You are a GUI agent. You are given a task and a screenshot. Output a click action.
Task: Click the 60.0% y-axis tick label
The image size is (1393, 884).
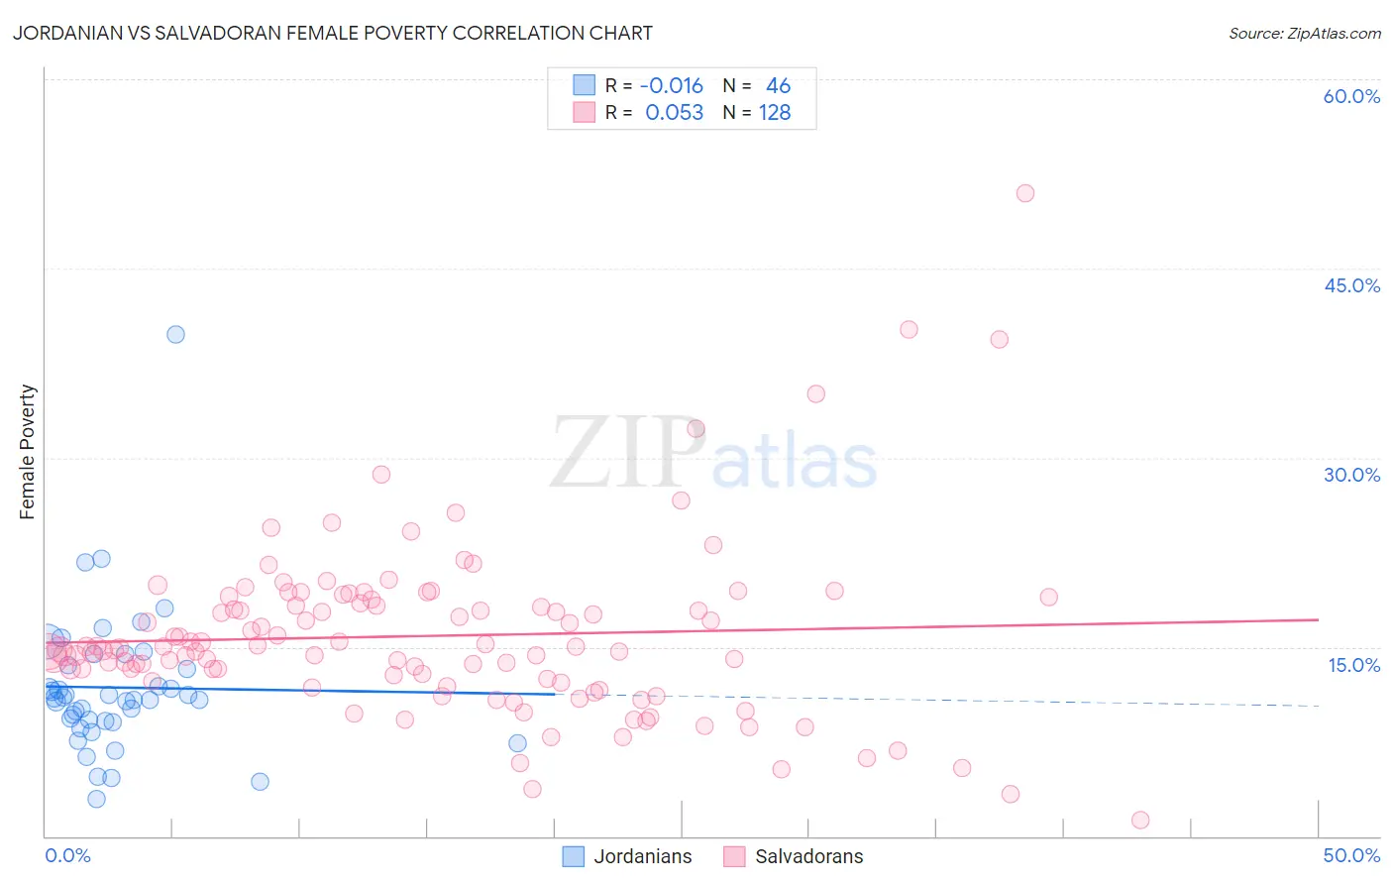click(x=1351, y=96)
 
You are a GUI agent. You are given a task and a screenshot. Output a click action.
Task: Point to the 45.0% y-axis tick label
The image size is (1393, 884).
click(x=1351, y=285)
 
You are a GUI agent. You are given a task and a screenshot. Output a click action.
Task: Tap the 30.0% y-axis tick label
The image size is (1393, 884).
click(x=1351, y=475)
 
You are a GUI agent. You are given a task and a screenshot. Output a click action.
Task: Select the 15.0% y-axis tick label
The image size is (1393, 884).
click(x=1353, y=665)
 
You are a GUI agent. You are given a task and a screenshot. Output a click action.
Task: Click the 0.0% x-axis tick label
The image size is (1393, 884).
click(x=67, y=855)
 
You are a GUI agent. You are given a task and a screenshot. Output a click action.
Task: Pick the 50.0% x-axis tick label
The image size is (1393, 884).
click(x=1351, y=855)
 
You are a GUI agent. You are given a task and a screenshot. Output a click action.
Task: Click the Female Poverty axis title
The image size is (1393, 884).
click(x=27, y=452)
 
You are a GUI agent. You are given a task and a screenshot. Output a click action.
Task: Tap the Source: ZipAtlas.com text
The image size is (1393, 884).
click(x=1304, y=33)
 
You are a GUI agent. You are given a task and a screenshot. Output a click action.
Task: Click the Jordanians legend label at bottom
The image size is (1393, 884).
click(x=642, y=856)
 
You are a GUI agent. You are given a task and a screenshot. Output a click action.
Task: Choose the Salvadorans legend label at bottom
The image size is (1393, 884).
click(x=808, y=856)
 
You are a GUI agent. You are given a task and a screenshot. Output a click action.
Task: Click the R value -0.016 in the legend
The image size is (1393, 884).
click(x=671, y=86)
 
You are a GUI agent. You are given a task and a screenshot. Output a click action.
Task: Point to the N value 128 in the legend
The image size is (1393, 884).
click(x=775, y=113)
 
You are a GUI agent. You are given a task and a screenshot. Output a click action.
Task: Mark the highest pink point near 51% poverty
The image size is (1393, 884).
click(x=1025, y=193)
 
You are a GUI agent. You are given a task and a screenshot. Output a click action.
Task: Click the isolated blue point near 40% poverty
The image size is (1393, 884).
click(x=175, y=334)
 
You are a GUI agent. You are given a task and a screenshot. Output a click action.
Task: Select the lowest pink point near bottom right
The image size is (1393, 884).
click(x=1140, y=820)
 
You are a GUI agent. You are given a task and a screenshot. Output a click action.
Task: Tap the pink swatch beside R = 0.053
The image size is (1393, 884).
click(x=585, y=112)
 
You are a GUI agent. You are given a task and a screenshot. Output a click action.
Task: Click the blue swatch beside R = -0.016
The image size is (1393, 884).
click(x=585, y=85)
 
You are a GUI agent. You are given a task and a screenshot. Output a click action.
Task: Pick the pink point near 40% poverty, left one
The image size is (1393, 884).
click(x=909, y=330)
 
